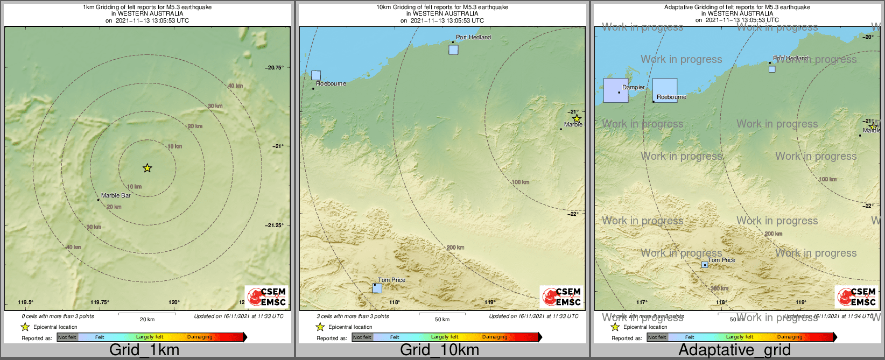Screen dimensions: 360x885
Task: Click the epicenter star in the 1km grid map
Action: click(147, 168)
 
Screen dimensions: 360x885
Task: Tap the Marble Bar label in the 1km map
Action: click(116, 195)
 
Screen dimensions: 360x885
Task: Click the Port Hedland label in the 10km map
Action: click(473, 37)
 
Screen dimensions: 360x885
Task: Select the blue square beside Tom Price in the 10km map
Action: click(377, 288)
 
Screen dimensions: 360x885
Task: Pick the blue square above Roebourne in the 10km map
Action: click(316, 75)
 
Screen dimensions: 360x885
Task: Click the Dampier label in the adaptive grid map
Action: click(633, 87)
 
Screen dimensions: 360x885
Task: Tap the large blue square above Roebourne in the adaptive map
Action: click(665, 90)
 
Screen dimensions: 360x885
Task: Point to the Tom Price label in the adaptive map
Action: click(721, 260)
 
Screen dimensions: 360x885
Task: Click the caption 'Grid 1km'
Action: click(144, 350)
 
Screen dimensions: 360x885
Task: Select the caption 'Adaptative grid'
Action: click(734, 350)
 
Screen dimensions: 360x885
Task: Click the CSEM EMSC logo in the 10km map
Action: click(561, 297)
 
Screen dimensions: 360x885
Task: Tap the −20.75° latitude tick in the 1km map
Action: click(274, 67)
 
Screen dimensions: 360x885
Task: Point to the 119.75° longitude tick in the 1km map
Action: click(100, 302)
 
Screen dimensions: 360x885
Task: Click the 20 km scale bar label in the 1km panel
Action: click(147, 319)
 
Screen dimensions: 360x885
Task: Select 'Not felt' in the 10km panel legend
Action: click(362, 337)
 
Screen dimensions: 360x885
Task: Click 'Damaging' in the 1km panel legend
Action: click(200, 337)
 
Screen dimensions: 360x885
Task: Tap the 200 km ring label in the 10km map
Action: click(455, 248)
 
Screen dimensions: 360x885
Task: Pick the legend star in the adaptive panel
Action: click(615, 327)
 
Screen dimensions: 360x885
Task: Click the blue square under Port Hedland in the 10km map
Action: click(453, 50)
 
